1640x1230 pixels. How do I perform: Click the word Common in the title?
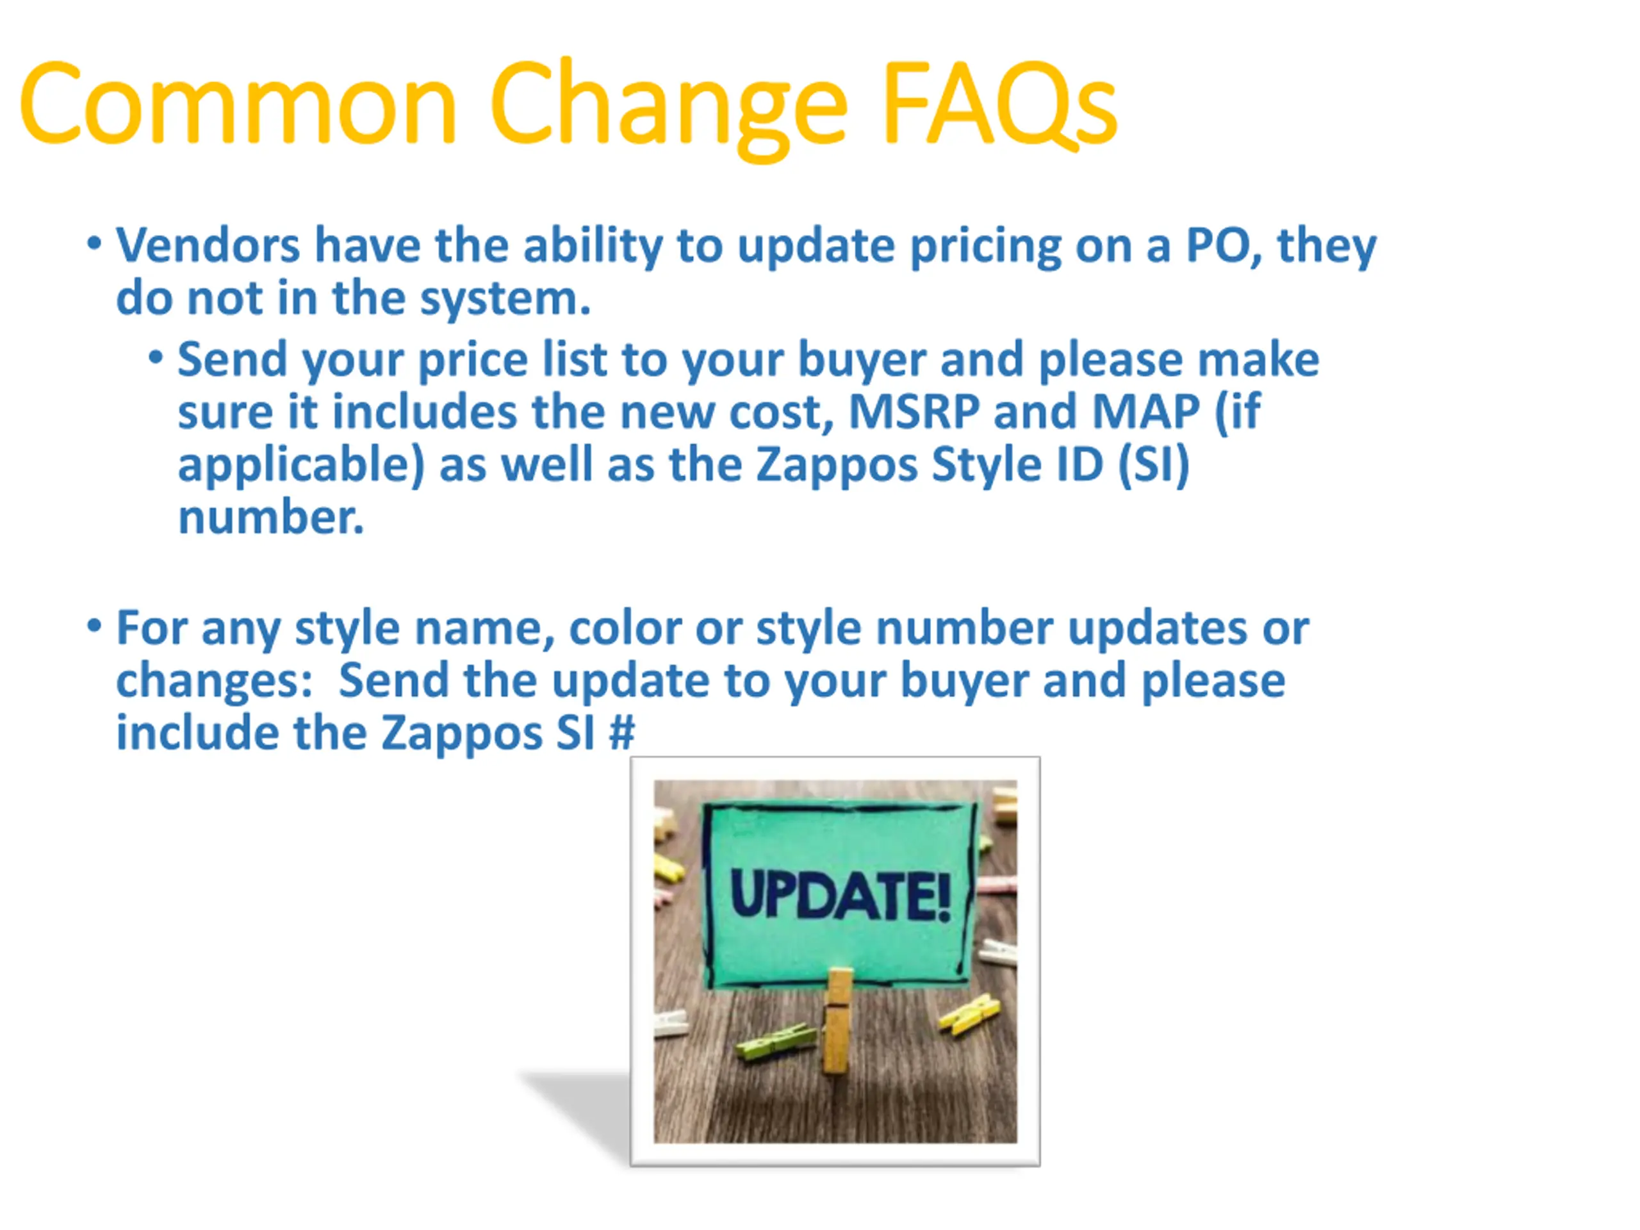pos(238,104)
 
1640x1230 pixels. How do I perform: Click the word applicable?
pos(301,466)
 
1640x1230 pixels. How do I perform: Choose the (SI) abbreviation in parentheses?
pos(1153,466)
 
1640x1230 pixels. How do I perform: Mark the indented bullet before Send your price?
pos(155,358)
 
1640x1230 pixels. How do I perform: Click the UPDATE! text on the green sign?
pos(840,896)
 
